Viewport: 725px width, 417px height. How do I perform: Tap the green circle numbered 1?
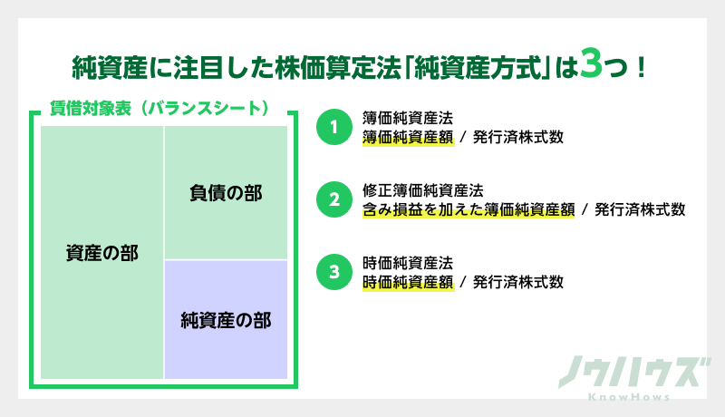[x=333, y=127]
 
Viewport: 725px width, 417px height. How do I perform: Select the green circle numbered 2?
[x=333, y=199]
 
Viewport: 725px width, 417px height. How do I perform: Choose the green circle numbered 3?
[x=333, y=272]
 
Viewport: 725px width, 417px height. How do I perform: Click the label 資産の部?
[x=101, y=253]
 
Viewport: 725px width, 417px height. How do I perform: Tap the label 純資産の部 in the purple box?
[x=226, y=319]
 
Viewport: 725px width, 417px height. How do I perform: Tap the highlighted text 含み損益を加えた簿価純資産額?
[x=467, y=209]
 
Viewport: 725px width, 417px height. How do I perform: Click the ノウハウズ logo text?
[x=631, y=373]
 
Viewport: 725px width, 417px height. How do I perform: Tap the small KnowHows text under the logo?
[x=631, y=397]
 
